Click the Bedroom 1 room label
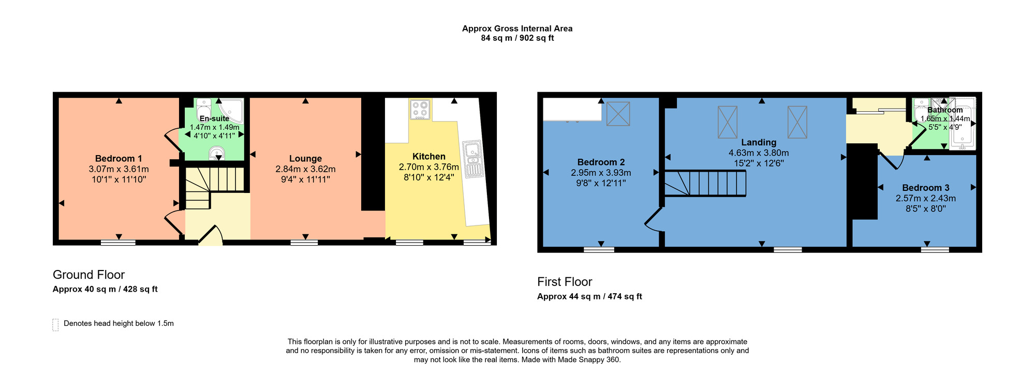(119, 159)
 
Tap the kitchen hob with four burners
(420, 110)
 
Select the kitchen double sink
(472, 159)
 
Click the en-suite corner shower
(231, 110)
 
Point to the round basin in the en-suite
(216, 154)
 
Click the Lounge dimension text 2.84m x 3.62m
(305, 169)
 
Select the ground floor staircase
(213, 186)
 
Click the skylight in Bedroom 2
(618, 114)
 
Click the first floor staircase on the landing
(705, 184)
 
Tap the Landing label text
(759, 143)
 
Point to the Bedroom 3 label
(925, 188)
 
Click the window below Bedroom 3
(935, 250)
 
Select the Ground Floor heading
(88, 275)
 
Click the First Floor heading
(565, 282)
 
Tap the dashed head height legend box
(55, 324)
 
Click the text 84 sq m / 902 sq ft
(517, 38)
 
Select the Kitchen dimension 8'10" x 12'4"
(428, 177)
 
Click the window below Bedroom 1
(118, 242)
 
